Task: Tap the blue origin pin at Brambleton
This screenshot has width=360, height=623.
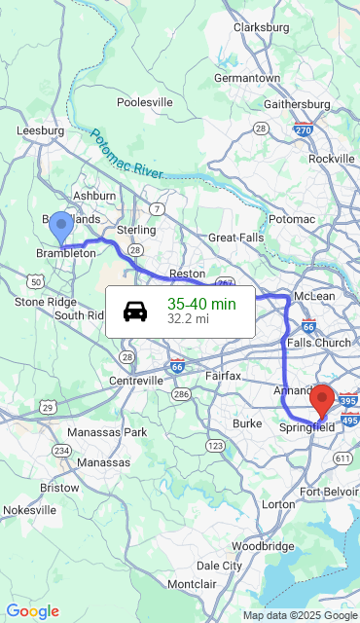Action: coord(60,226)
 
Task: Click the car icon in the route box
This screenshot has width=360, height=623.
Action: coord(135,311)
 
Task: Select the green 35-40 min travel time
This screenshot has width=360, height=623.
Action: coord(201,304)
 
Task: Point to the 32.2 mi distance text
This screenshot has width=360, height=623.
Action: coord(188,319)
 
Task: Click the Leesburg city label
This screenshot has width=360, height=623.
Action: coord(41,130)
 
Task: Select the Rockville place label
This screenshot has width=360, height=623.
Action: coord(332,159)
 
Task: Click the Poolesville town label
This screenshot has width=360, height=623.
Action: coord(145,102)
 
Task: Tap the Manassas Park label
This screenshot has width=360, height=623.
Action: coord(106,431)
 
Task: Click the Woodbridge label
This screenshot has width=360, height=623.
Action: coord(263,546)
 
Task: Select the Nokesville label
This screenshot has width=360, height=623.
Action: coord(30,509)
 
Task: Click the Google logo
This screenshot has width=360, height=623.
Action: coord(32,611)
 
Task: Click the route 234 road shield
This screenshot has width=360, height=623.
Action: coord(62,450)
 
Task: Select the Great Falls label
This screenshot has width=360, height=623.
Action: coord(235,238)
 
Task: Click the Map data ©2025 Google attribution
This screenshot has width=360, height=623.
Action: coord(300,615)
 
